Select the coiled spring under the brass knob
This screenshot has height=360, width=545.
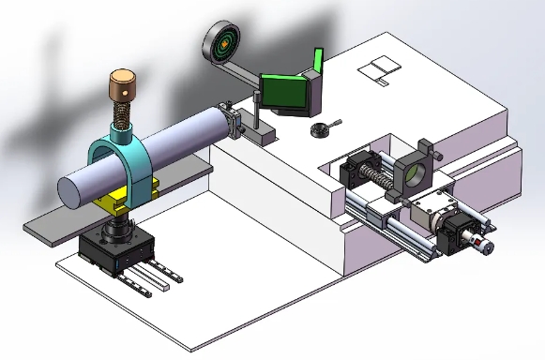[122, 118]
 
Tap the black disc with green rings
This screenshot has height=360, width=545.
[222, 42]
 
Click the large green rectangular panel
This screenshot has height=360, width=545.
[283, 92]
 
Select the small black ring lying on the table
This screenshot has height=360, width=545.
[322, 128]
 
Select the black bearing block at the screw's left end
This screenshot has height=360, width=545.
[357, 172]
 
